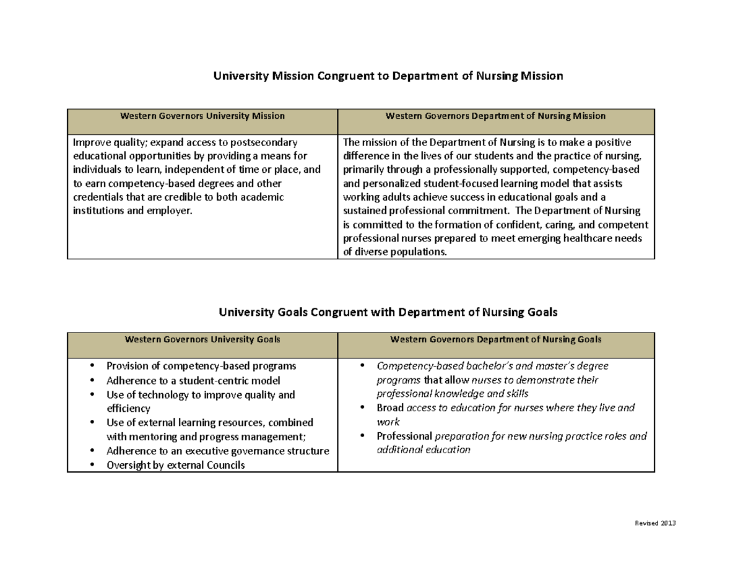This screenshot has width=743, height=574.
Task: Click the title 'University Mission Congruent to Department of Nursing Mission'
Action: point(388,76)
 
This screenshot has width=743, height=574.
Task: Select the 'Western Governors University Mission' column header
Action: point(202,116)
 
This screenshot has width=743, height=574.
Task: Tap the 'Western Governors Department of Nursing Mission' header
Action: point(495,116)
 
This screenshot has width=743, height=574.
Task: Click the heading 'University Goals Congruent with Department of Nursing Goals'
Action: point(388,313)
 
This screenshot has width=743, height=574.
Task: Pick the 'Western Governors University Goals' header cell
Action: point(202,339)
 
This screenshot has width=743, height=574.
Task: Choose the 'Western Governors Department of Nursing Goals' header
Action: point(495,339)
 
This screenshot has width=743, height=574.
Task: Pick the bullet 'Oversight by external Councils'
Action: point(176,465)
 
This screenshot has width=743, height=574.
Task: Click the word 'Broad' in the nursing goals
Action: point(390,408)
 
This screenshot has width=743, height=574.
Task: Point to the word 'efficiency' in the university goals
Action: point(128,408)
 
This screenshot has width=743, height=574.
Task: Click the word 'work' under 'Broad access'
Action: point(388,422)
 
